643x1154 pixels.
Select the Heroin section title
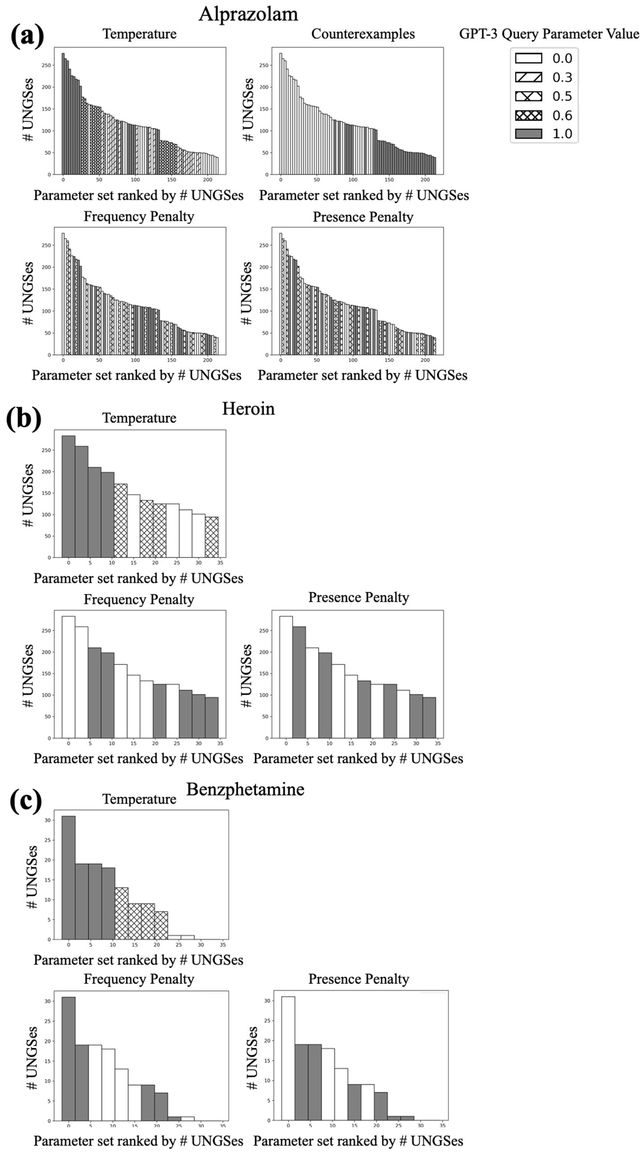[248, 409]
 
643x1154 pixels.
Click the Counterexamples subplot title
[363, 34]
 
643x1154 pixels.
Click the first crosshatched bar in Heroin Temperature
[121, 521]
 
